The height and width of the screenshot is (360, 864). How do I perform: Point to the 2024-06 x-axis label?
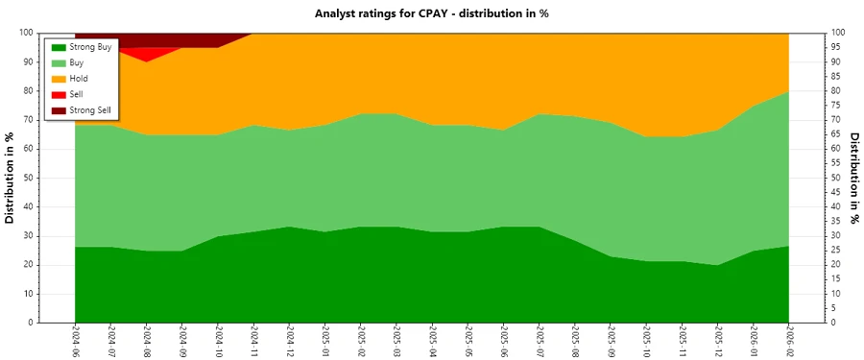click(x=76, y=341)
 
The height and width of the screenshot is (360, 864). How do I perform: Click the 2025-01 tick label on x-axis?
click(x=324, y=341)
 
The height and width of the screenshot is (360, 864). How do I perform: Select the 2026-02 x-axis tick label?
click(x=789, y=341)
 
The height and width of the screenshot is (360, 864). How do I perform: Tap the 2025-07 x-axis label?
click(x=539, y=341)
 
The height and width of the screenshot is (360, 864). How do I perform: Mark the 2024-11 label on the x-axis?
click(x=253, y=341)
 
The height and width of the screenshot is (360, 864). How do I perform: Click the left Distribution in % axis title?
click(x=11, y=178)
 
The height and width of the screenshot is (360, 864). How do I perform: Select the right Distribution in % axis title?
click(x=852, y=178)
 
